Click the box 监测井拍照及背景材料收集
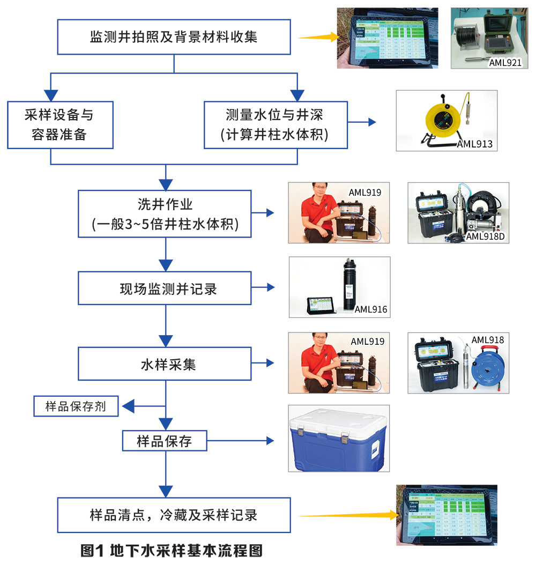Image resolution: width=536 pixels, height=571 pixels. pyautogui.click(x=174, y=37)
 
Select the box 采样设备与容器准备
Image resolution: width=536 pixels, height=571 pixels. pyautogui.click(x=60, y=124)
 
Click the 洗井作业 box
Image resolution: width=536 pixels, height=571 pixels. pyautogui.click(x=165, y=213)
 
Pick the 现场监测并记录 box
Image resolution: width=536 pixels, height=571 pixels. pyautogui.click(x=165, y=289)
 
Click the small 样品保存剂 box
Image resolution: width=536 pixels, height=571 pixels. pyautogui.click(x=76, y=406)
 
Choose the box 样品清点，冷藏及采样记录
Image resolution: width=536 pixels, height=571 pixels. pyautogui.click(x=174, y=515)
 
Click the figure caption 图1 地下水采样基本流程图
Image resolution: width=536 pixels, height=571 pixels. pyautogui.click(x=172, y=551)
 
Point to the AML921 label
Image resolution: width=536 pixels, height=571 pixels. pyautogui.click(x=505, y=63)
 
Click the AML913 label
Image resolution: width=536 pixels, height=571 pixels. pyautogui.click(x=474, y=144)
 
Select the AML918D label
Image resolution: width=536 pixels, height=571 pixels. pyautogui.click(x=486, y=236)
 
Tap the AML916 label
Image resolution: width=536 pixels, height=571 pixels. pyautogui.click(x=371, y=309)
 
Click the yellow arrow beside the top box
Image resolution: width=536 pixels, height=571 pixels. pyautogui.click(x=318, y=37)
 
